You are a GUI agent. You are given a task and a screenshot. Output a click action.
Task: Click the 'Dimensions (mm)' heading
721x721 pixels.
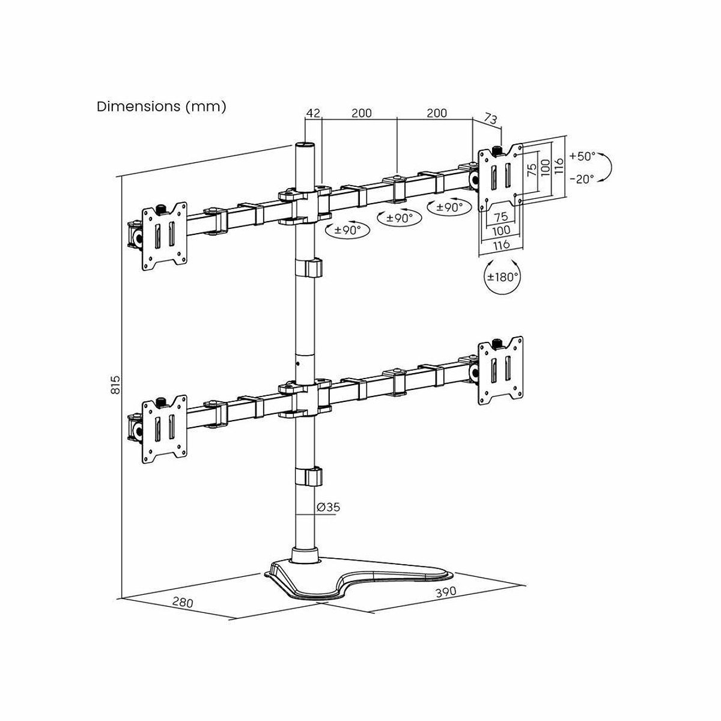[x=161, y=106]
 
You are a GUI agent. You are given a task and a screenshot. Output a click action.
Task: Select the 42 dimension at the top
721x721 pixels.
[x=314, y=112]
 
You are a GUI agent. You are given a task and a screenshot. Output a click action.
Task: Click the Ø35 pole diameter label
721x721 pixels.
[x=328, y=507]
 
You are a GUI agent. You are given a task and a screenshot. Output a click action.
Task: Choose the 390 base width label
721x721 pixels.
[x=446, y=592]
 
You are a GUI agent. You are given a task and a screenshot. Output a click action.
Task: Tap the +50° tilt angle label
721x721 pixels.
[x=582, y=156]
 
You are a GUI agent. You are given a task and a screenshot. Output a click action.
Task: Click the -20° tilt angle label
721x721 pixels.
[x=582, y=179]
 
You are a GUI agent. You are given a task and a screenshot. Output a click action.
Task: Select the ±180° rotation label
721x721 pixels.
[x=502, y=277]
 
